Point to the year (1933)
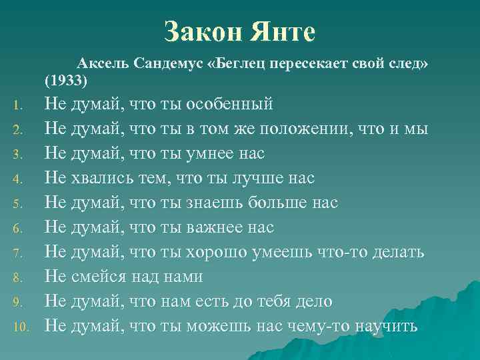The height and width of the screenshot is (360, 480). tap(65, 81)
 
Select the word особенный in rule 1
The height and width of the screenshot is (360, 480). tap(230, 105)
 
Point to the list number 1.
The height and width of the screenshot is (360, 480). tap(19, 105)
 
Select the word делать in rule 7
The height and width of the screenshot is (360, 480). tap(395, 253)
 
